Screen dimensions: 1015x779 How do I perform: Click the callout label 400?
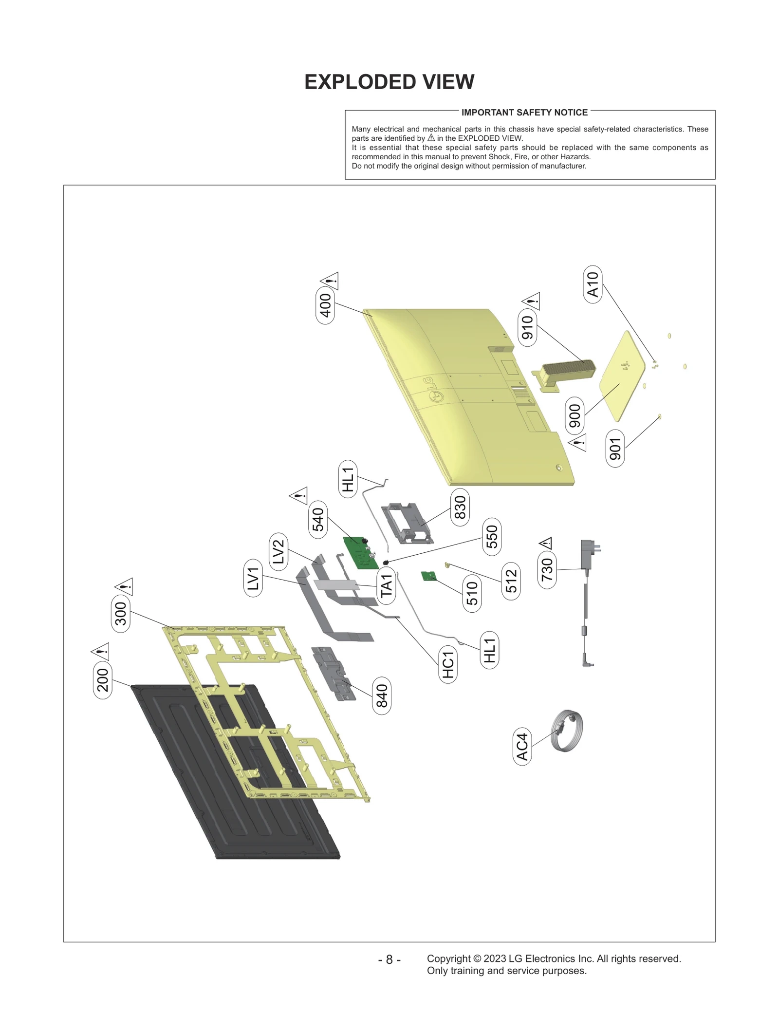(x=325, y=305)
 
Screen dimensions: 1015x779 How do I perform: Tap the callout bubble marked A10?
(x=593, y=284)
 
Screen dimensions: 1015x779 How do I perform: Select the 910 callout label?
(x=527, y=327)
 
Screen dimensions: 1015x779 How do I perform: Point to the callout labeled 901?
(x=615, y=449)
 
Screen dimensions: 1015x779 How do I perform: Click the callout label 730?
(x=547, y=569)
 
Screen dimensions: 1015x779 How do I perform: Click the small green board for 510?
(x=428, y=576)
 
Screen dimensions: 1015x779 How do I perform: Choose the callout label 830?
(x=460, y=507)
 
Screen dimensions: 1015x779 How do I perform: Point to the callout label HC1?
(x=448, y=664)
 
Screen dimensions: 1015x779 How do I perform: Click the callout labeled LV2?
(x=278, y=552)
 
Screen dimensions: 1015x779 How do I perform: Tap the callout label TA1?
(x=386, y=585)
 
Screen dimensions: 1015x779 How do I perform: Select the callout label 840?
(x=382, y=695)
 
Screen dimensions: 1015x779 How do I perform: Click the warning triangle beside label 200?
(x=100, y=651)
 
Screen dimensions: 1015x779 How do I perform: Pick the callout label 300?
(x=121, y=613)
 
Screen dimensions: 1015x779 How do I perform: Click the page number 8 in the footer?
(x=389, y=959)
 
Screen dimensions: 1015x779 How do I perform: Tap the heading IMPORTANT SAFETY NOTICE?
(x=524, y=113)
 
